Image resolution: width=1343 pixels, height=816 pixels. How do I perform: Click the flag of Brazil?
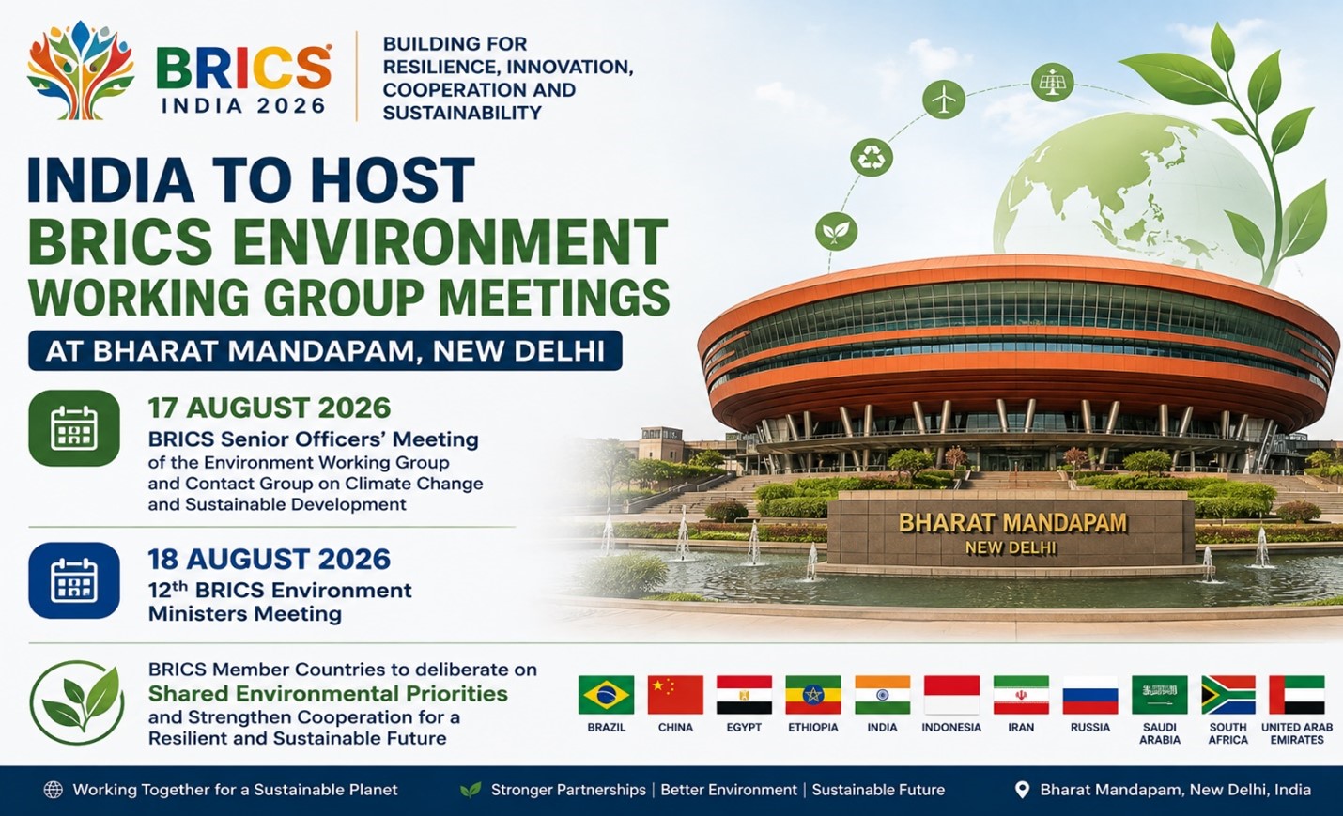point(606,695)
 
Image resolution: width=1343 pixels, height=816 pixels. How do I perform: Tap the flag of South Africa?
point(1227,695)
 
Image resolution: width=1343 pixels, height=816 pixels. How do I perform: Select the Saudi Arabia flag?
point(1160,695)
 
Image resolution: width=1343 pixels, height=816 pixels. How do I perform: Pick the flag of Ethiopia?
point(813,695)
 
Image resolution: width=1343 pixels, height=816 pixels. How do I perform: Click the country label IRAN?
point(1021,728)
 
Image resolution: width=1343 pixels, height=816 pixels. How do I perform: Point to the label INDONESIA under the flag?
point(951,728)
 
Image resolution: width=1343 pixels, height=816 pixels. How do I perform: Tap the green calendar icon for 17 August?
point(74,428)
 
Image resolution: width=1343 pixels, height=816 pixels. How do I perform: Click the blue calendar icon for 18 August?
point(74,580)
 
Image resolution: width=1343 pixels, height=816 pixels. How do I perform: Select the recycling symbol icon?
point(872,158)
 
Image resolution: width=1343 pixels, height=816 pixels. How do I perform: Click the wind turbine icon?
point(944,99)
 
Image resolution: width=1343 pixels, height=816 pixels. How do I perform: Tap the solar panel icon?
point(1053,82)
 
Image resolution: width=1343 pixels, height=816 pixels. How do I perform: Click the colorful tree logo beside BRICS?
point(81,70)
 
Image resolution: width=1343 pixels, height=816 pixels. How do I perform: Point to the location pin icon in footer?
point(1022,790)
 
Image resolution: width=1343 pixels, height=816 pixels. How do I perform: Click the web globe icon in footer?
point(54,790)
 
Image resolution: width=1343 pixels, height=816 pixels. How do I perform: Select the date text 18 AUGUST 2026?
point(270,559)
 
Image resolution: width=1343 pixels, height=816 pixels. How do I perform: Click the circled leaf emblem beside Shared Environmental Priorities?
point(77,702)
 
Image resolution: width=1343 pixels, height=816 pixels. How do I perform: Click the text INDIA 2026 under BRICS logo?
point(243,106)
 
